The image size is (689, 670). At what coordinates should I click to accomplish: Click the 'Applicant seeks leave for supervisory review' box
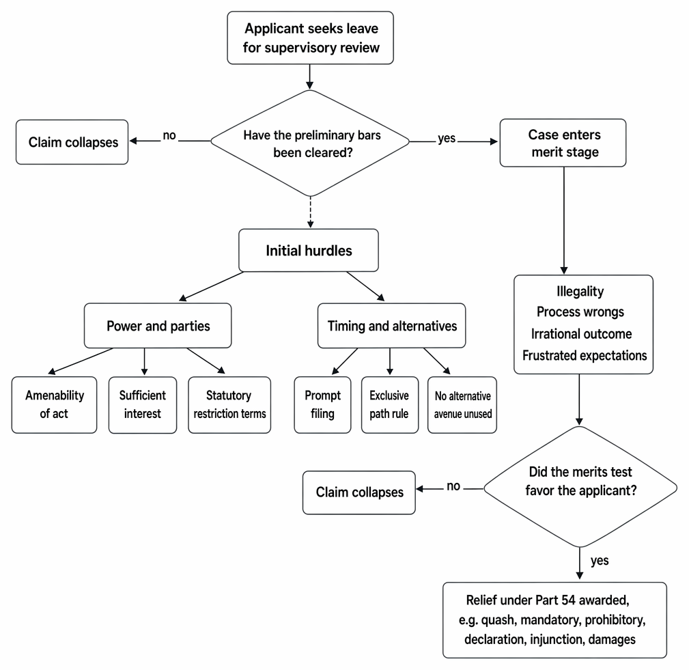pyautogui.click(x=310, y=38)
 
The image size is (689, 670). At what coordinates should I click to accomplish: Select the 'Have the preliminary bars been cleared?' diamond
pyautogui.click(x=310, y=143)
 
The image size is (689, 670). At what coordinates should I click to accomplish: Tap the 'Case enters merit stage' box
pyautogui.click(x=563, y=143)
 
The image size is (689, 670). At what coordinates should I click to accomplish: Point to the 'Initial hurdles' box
pyautogui.click(x=309, y=250)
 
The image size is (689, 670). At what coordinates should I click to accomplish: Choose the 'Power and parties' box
pyautogui.click(x=158, y=326)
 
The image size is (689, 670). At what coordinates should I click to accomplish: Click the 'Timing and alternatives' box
pyautogui.click(x=391, y=326)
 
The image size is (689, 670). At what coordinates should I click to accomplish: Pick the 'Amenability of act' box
pyautogui.click(x=54, y=405)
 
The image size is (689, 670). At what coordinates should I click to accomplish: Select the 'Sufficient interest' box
pyautogui.click(x=143, y=405)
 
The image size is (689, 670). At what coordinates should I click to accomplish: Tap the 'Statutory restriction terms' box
pyautogui.click(x=229, y=405)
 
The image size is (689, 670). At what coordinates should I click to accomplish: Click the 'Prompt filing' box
pyautogui.click(x=322, y=405)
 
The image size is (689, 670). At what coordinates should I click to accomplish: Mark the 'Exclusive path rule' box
pyautogui.click(x=390, y=405)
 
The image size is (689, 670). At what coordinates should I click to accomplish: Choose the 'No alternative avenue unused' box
pyautogui.click(x=462, y=405)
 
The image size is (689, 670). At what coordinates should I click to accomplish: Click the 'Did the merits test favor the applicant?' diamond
pyautogui.click(x=580, y=487)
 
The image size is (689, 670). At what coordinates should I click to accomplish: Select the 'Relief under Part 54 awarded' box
pyautogui.click(x=554, y=620)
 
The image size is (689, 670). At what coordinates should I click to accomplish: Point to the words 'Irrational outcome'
pyautogui.click(x=581, y=334)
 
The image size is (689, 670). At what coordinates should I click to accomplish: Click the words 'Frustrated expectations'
pyautogui.click(x=585, y=355)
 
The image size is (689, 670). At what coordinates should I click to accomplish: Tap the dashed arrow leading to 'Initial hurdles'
pyautogui.click(x=310, y=212)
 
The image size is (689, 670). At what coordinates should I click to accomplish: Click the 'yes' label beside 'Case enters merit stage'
pyautogui.click(x=447, y=139)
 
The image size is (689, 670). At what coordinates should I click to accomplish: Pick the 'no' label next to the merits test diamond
pyautogui.click(x=453, y=486)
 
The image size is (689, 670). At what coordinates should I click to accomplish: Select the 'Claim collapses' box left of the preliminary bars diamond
pyautogui.click(x=72, y=142)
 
